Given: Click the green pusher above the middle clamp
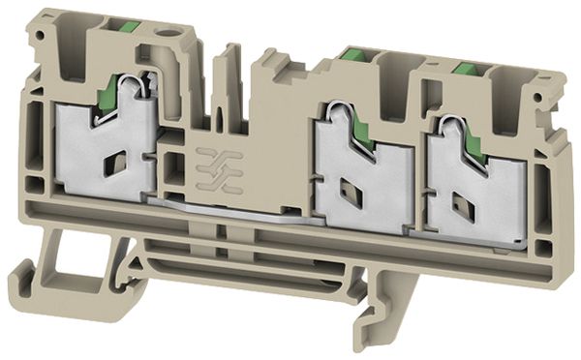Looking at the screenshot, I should pyautogui.click(x=352, y=60).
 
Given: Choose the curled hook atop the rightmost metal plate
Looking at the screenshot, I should pyautogui.click(x=447, y=123).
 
